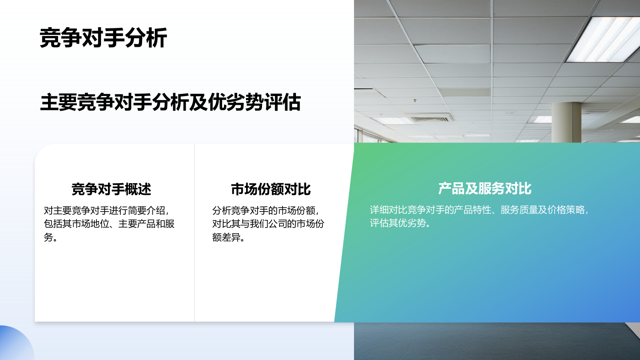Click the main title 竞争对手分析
point(103,38)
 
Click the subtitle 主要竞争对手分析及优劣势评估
point(170,102)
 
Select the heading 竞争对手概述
point(111,189)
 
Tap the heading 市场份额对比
point(271,189)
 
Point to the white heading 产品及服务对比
point(484,188)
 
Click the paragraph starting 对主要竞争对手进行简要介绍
point(109,224)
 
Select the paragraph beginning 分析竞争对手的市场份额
point(268,224)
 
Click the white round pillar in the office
point(566,122)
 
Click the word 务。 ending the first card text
point(51,237)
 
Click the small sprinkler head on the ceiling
point(415,101)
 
